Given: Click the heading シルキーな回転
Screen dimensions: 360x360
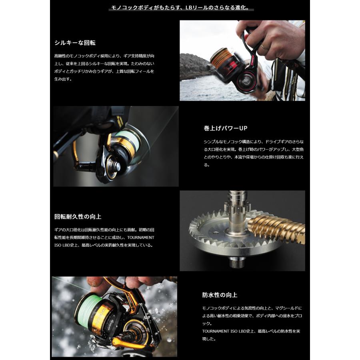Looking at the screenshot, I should coord(75,42).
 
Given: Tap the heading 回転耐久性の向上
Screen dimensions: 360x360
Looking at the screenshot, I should coord(78,216).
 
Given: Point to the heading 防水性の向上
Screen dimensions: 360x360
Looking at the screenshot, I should coord(220,295).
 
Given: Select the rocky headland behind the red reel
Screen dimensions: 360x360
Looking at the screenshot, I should coord(194,66).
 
